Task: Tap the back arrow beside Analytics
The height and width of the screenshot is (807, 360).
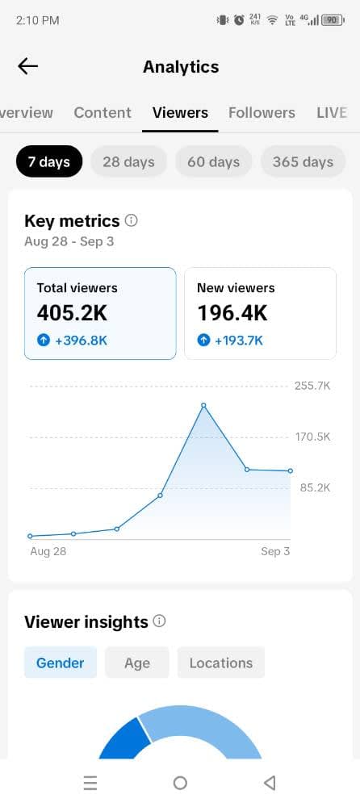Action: point(27,66)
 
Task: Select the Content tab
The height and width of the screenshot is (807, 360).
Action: point(103,113)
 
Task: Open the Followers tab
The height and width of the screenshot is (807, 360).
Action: point(262,113)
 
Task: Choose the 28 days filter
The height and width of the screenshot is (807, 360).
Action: point(129,161)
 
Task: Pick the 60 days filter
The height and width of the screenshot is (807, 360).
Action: point(213,161)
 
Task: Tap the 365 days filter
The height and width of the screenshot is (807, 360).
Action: point(303,161)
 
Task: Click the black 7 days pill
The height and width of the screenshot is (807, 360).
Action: point(49,161)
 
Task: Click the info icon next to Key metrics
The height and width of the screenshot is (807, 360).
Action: point(132,221)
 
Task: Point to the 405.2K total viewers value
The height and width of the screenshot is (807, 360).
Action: point(72,313)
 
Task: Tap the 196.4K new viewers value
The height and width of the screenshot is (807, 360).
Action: point(232,313)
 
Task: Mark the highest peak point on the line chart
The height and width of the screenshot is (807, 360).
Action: point(203,406)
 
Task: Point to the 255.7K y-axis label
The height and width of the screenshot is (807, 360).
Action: point(312,386)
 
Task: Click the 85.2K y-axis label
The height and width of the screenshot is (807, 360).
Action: point(315,488)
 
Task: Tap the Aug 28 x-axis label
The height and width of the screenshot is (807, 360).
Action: point(48,551)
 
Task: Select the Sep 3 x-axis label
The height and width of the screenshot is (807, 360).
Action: point(275,551)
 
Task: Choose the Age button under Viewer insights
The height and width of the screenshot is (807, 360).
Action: point(137,663)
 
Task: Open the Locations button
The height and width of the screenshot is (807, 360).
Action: point(221,663)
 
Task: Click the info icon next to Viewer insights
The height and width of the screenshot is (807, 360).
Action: point(160,621)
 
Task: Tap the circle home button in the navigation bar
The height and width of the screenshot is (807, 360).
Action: point(180,783)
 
